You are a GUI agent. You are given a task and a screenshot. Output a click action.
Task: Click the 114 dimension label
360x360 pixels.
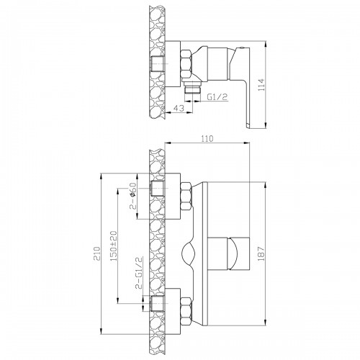pos(261,85)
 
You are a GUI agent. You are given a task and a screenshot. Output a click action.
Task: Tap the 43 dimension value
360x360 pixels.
pos(179,108)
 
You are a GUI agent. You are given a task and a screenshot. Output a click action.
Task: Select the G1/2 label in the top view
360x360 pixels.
pos(217,97)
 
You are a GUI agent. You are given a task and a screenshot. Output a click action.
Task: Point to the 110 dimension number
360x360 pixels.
pos(207,139)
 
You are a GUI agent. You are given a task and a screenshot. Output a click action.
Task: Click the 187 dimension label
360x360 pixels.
pos(261,253)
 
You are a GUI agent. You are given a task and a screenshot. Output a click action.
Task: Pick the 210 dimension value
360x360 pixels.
pos(97,253)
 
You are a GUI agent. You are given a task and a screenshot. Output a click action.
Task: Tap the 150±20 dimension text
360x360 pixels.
pos(114,246)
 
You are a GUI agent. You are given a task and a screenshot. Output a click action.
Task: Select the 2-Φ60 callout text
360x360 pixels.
pos(132,196)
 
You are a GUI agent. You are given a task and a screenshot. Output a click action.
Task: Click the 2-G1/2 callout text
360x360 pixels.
pos(139,273)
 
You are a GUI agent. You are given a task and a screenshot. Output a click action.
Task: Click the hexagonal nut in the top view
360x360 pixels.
pos(186,63)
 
